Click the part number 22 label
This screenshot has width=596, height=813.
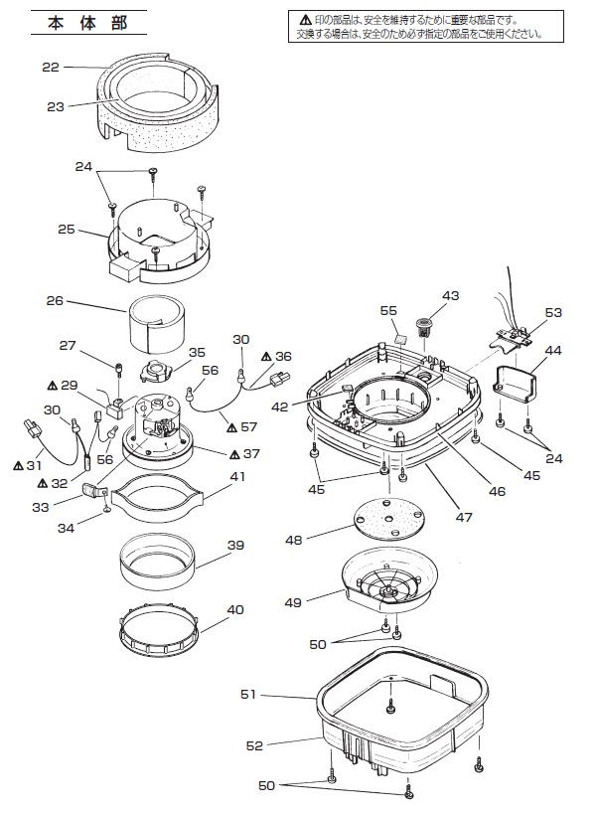[51, 67]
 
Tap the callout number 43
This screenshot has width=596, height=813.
[450, 295]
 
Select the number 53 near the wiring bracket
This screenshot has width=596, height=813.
[553, 312]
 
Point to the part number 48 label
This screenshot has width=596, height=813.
[293, 541]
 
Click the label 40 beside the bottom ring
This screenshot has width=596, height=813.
[235, 610]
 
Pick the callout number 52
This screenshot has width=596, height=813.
[254, 745]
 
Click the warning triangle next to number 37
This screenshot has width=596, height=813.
[234, 453]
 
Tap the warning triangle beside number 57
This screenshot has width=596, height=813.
[232, 426]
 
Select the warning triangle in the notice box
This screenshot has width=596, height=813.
[305, 20]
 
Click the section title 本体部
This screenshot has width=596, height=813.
[87, 23]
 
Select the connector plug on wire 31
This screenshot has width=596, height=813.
[33, 429]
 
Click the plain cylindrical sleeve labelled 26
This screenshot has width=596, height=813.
[156, 322]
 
